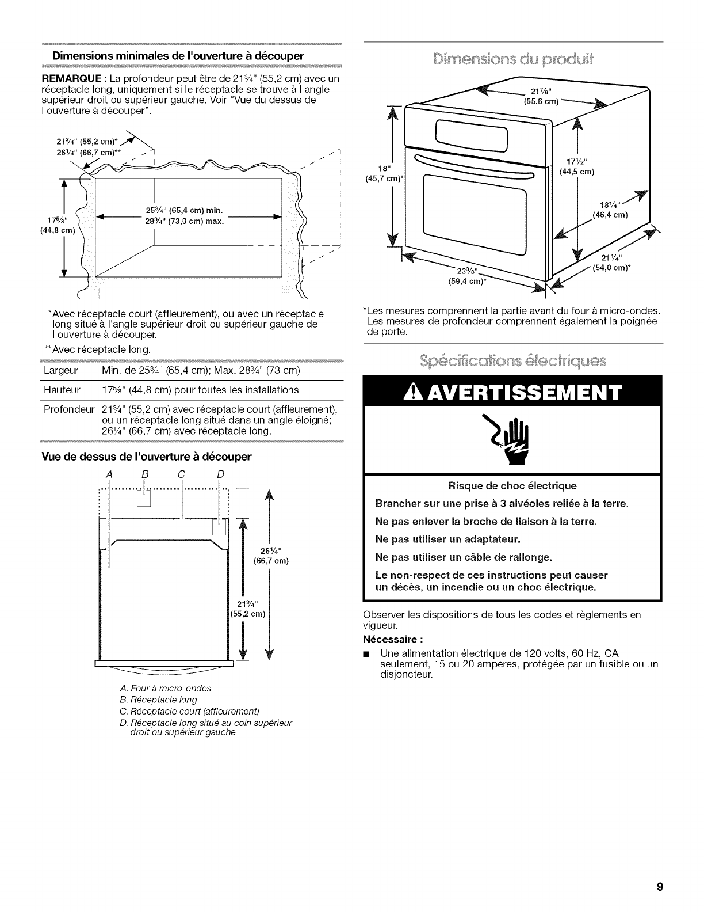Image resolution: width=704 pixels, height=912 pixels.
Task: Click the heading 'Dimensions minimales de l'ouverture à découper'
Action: pyautogui.click(x=178, y=56)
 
